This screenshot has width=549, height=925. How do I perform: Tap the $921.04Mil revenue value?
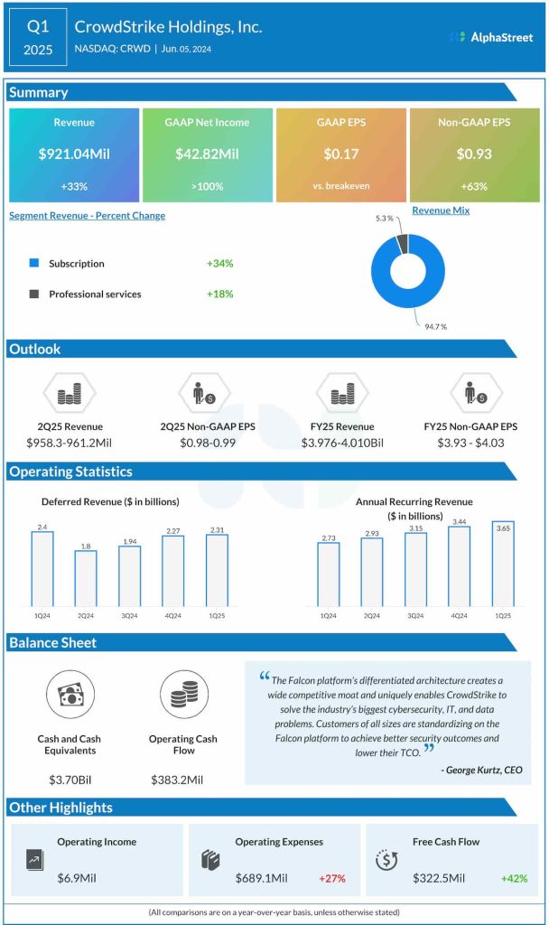pyautogui.click(x=74, y=154)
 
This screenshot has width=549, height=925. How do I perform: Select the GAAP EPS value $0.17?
pyautogui.click(x=341, y=154)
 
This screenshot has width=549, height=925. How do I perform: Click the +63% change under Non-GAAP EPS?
pyautogui.click(x=474, y=186)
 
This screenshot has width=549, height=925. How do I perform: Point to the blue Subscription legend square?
pyautogui.click(x=34, y=264)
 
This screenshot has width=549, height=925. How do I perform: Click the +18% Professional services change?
pyautogui.click(x=219, y=294)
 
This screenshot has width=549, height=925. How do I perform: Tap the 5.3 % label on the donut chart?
pyautogui.click(x=384, y=218)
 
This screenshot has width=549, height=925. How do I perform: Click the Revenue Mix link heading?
pyautogui.click(x=442, y=210)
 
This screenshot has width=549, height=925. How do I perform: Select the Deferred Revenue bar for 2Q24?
pyautogui.click(x=86, y=577)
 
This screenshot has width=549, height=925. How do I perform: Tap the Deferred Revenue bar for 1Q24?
pyautogui.click(x=42, y=568)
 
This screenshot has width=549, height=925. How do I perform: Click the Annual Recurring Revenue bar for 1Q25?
pyautogui.click(x=502, y=563)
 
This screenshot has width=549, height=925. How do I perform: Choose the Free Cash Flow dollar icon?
pyautogui.click(x=384, y=860)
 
